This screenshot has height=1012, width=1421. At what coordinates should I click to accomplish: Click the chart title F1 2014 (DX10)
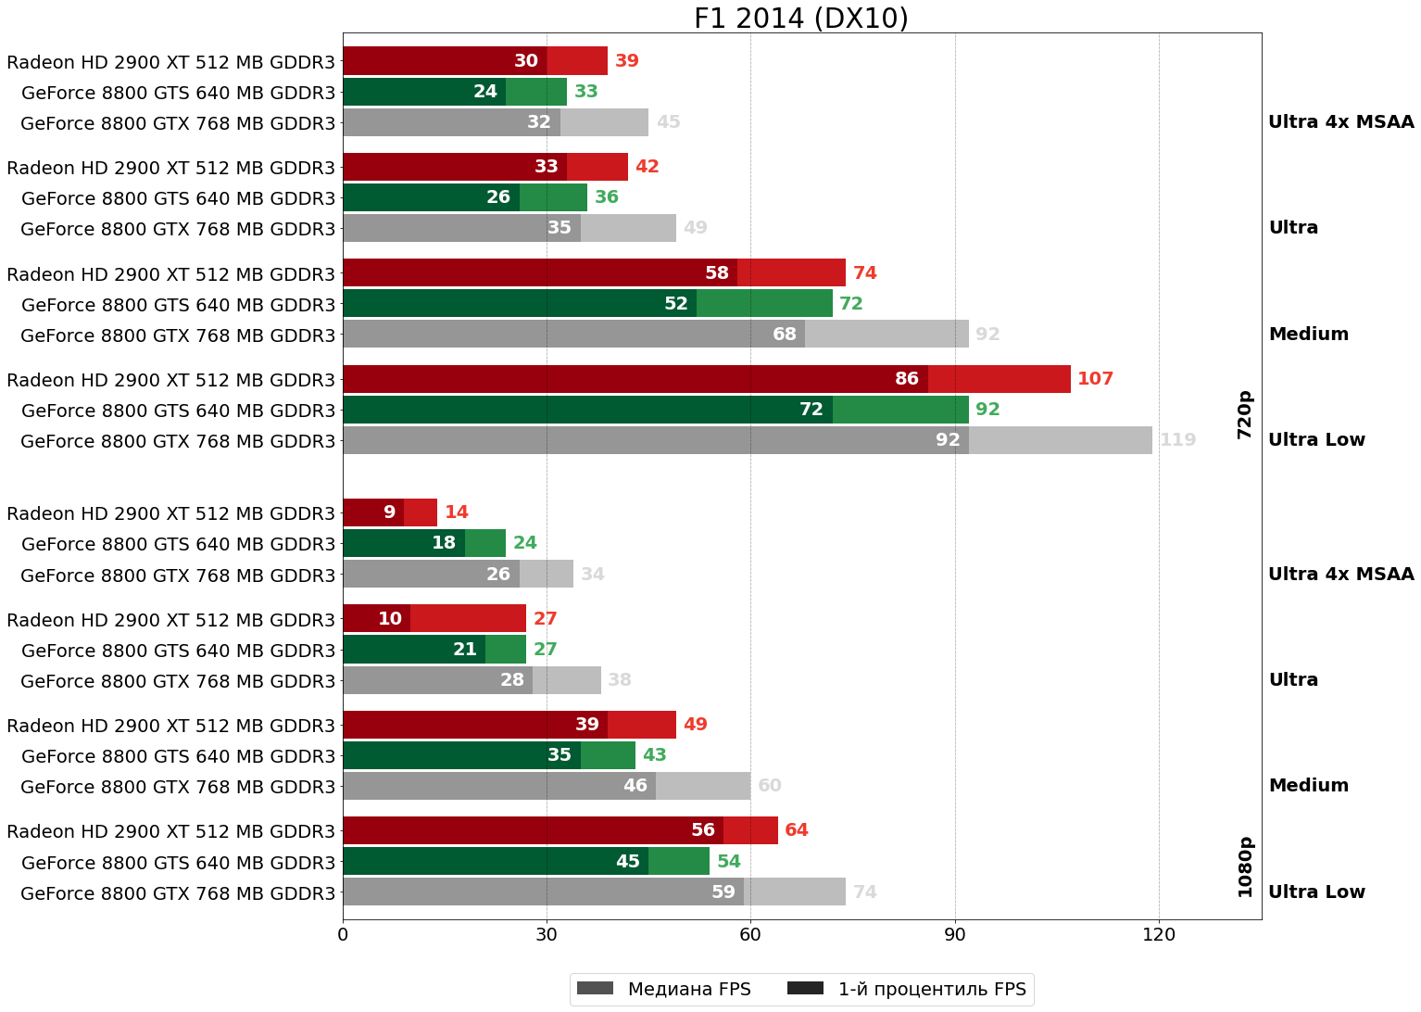pyautogui.click(x=800, y=19)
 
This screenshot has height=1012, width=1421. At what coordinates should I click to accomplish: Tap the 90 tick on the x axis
pyautogui.click(x=955, y=935)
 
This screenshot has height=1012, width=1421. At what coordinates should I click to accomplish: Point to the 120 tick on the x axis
pyautogui.click(x=1159, y=935)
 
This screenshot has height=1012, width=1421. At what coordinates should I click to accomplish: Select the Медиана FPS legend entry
pyautogui.click(x=663, y=989)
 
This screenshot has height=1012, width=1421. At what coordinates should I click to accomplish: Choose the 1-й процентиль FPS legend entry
pyautogui.click(x=907, y=989)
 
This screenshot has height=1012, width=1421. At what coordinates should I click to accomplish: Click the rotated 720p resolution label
pyautogui.click(x=1245, y=414)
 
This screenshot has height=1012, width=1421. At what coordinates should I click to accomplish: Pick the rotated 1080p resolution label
pyautogui.click(x=1245, y=867)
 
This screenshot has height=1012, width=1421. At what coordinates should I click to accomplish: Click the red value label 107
pyautogui.click(x=1095, y=379)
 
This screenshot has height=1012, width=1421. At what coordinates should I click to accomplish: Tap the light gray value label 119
pyautogui.click(x=1177, y=440)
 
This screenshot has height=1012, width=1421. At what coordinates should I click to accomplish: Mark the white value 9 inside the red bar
pyautogui.click(x=389, y=512)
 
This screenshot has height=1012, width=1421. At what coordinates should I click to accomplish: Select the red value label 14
pyautogui.click(x=456, y=512)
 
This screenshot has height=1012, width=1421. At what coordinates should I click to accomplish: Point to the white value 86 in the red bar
pyautogui.click(x=906, y=379)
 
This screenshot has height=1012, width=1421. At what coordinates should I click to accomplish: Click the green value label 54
pyautogui.click(x=728, y=862)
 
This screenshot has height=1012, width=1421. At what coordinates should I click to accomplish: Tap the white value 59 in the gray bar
pyautogui.click(x=723, y=892)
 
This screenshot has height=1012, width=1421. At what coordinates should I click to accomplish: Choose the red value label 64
pyautogui.click(x=796, y=830)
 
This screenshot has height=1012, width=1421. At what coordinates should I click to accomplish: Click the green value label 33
pyautogui.click(x=585, y=92)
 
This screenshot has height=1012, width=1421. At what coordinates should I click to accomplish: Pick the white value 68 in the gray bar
pyautogui.click(x=784, y=335)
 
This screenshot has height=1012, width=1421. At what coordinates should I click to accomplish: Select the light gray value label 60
pyautogui.click(x=769, y=786)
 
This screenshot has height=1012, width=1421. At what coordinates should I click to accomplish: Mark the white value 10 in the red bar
pyautogui.click(x=389, y=619)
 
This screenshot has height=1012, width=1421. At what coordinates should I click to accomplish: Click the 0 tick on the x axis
pyautogui.click(x=343, y=935)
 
